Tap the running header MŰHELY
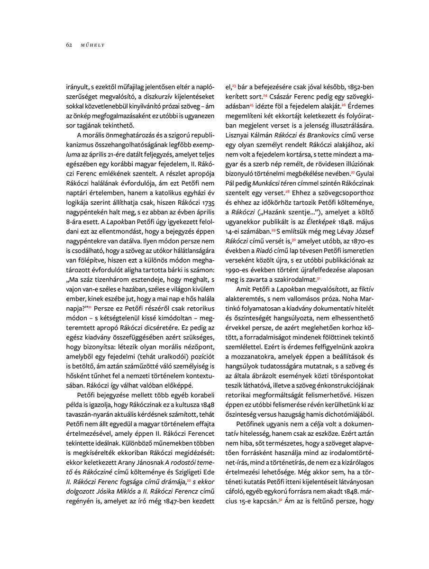point(92,45)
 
